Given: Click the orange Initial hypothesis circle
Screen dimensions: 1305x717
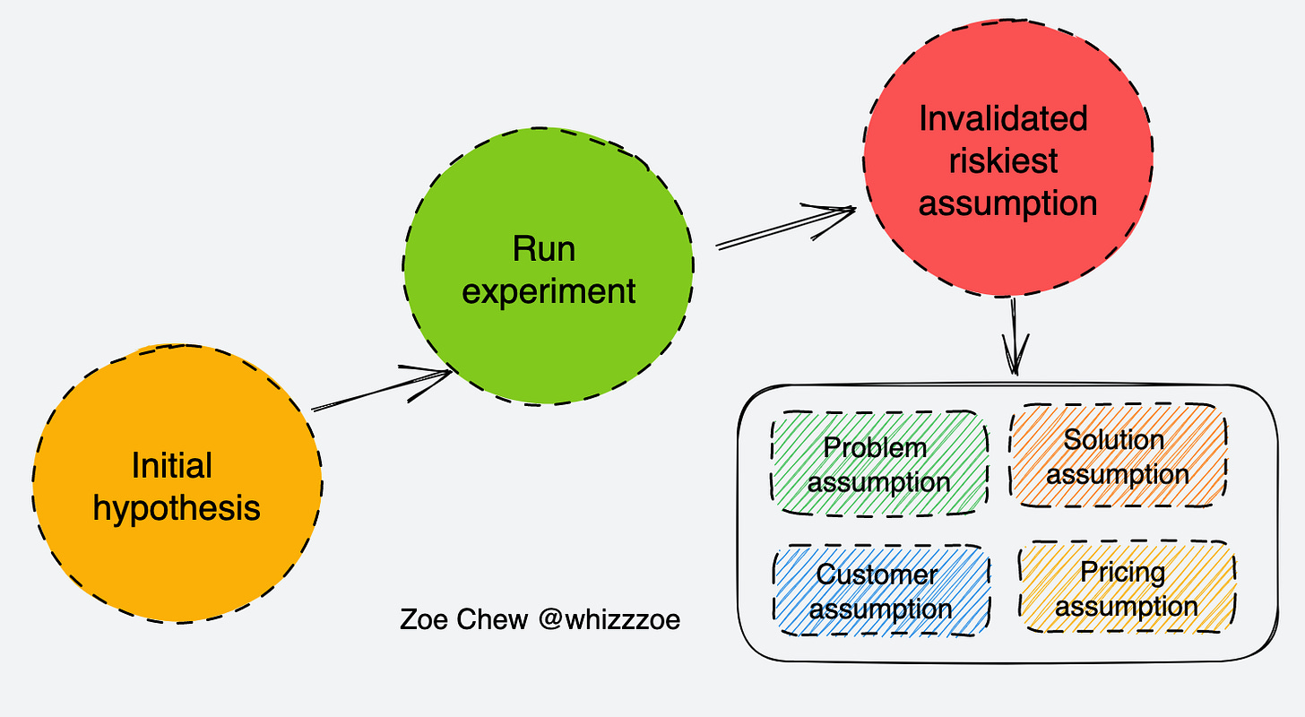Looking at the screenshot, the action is click(177, 483).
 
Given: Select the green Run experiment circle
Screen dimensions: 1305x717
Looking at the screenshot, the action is click(549, 266).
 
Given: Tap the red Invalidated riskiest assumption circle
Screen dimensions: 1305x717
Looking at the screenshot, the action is click(1007, 158).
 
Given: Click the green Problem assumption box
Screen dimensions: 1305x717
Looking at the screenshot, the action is click(879, 463).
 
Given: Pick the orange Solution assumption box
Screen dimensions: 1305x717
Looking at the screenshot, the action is click(1118, 455).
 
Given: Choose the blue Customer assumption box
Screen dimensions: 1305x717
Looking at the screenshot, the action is click(881, 591).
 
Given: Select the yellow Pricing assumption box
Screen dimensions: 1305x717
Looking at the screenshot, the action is click(1128, 587).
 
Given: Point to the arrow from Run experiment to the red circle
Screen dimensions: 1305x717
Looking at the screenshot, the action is click(786, 228).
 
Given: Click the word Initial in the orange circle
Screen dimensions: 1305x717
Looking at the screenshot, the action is click(172, 465).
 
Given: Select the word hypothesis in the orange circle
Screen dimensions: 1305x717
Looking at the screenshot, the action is click(177, 508).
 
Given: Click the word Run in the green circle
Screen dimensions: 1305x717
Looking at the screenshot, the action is click(544, 248).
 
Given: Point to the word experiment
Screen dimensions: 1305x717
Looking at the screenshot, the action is click(549, 291).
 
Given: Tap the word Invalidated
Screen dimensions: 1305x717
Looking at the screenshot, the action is click(1003, 118).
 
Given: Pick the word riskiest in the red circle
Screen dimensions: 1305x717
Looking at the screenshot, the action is click(1003, 160).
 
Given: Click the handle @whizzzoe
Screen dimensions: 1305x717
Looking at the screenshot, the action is click(609, 619).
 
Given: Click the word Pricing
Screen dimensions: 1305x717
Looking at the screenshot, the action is click(1123, 572).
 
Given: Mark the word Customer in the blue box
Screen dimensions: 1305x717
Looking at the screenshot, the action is click(877, 574).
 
